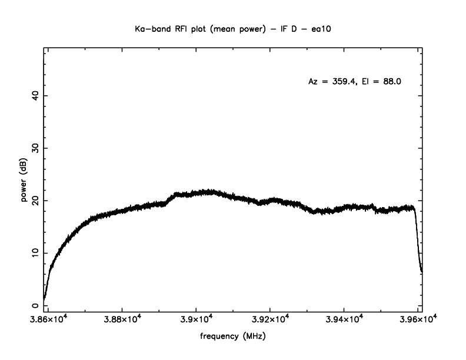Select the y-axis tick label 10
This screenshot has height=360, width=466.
point(36,253)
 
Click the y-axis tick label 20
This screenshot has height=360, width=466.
point(36,201)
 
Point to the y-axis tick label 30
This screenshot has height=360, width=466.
point(36,148)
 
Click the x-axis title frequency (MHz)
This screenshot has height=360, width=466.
point(232,338)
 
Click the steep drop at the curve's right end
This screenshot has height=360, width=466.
point(418,241)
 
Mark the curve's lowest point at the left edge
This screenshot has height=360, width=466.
point(44,299)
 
